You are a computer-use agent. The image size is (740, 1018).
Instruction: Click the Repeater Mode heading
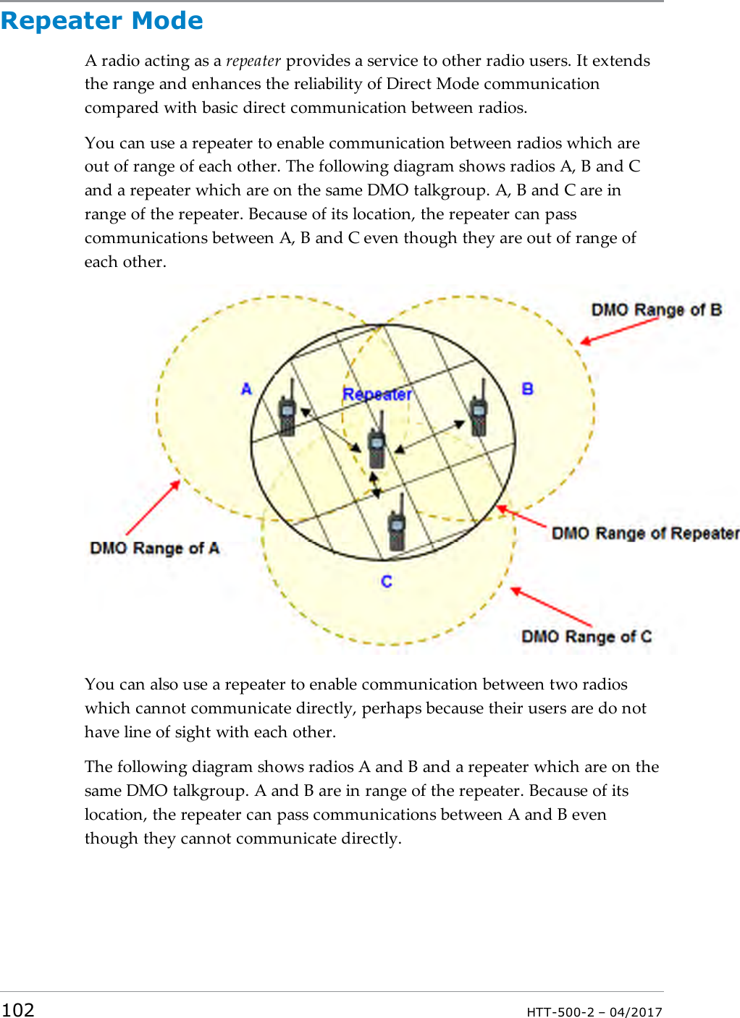point(102,21)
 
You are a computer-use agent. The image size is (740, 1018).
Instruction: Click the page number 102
point(18,1009)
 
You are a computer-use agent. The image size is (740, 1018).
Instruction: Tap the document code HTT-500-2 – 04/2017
point(594,1011)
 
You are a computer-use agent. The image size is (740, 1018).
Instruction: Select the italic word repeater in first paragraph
point(253,61)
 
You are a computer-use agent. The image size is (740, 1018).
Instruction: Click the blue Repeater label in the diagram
point(377,394)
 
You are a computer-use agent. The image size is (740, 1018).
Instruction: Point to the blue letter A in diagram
point(246,389)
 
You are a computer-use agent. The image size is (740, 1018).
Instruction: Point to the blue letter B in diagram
point(527,389)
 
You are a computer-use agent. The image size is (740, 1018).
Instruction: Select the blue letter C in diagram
point(387,582)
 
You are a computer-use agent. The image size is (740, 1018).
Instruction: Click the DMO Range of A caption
point(154,548)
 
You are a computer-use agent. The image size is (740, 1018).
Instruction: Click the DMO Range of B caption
point(656,310)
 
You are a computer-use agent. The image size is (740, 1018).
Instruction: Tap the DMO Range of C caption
point(586,637)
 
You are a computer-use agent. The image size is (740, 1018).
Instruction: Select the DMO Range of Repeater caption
point(645,533)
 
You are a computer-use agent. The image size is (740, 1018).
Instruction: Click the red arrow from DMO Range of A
point(153,508)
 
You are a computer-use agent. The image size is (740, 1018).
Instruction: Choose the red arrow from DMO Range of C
point(552,607)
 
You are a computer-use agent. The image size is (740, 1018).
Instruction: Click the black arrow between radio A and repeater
point(331,431)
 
